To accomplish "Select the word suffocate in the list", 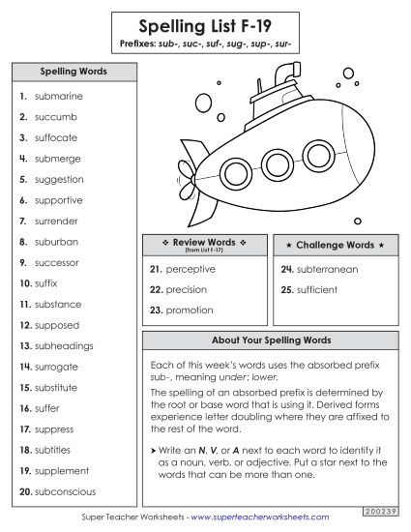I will (58, 137).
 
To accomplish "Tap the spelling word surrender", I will (57, 221).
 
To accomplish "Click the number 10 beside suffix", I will (25, 283).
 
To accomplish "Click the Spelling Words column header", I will (73, 72).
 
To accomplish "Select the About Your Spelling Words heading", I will (271, 340).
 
